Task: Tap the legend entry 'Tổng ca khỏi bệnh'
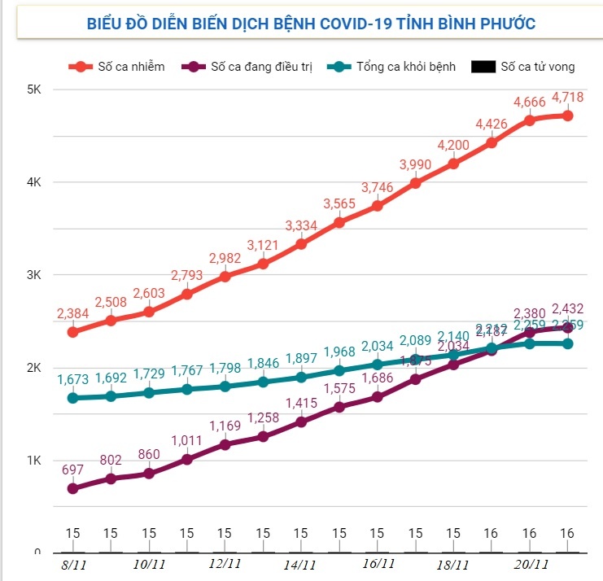point(394,67)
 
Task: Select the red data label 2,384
point(73,313)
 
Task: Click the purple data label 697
point(73,470)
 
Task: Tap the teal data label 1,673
point(73,379)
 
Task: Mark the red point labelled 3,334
point(301,243)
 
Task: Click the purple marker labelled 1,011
point(186,459)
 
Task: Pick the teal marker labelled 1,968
point(339,370)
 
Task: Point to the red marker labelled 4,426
point(492,142)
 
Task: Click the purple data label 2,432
point(567,308)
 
